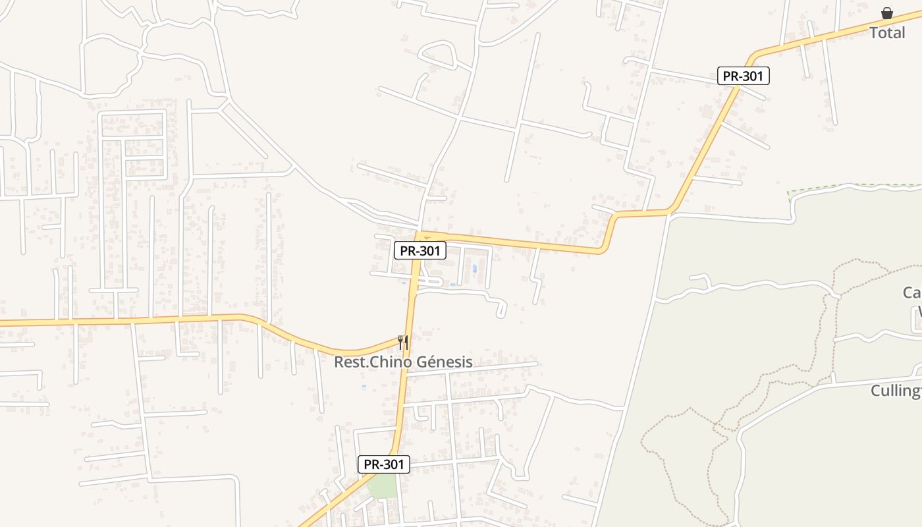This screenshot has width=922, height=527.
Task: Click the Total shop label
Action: pyautogui.click(x=887, y=32)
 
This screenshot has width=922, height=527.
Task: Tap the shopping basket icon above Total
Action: pyautogui.click(x=887, y=13)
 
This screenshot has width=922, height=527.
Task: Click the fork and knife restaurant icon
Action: pyautogui.click(x=403, y=342)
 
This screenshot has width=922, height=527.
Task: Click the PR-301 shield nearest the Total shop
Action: pyautogui.click(x=743, y=76)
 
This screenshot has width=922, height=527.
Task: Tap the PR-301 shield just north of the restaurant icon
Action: pyautogui.click(x=420, y=250)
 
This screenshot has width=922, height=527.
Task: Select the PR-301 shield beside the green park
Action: pyautogui.click(x=384, y=464)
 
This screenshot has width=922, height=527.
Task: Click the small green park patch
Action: pyautogui.click(x=382, y=485)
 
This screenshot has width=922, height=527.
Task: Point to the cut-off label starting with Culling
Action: pyautogui.click(x=896, y=391)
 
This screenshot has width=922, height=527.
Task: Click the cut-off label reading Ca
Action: pyautogui.click(x=911, y=292)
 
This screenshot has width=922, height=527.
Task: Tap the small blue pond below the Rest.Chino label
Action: pyautogui.click(x=364, y=386)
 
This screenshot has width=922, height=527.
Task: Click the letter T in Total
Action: pyautogui.click(x=874, y=32)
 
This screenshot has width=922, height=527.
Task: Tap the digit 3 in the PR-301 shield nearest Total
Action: pyautogui.click(x=748, y=76)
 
